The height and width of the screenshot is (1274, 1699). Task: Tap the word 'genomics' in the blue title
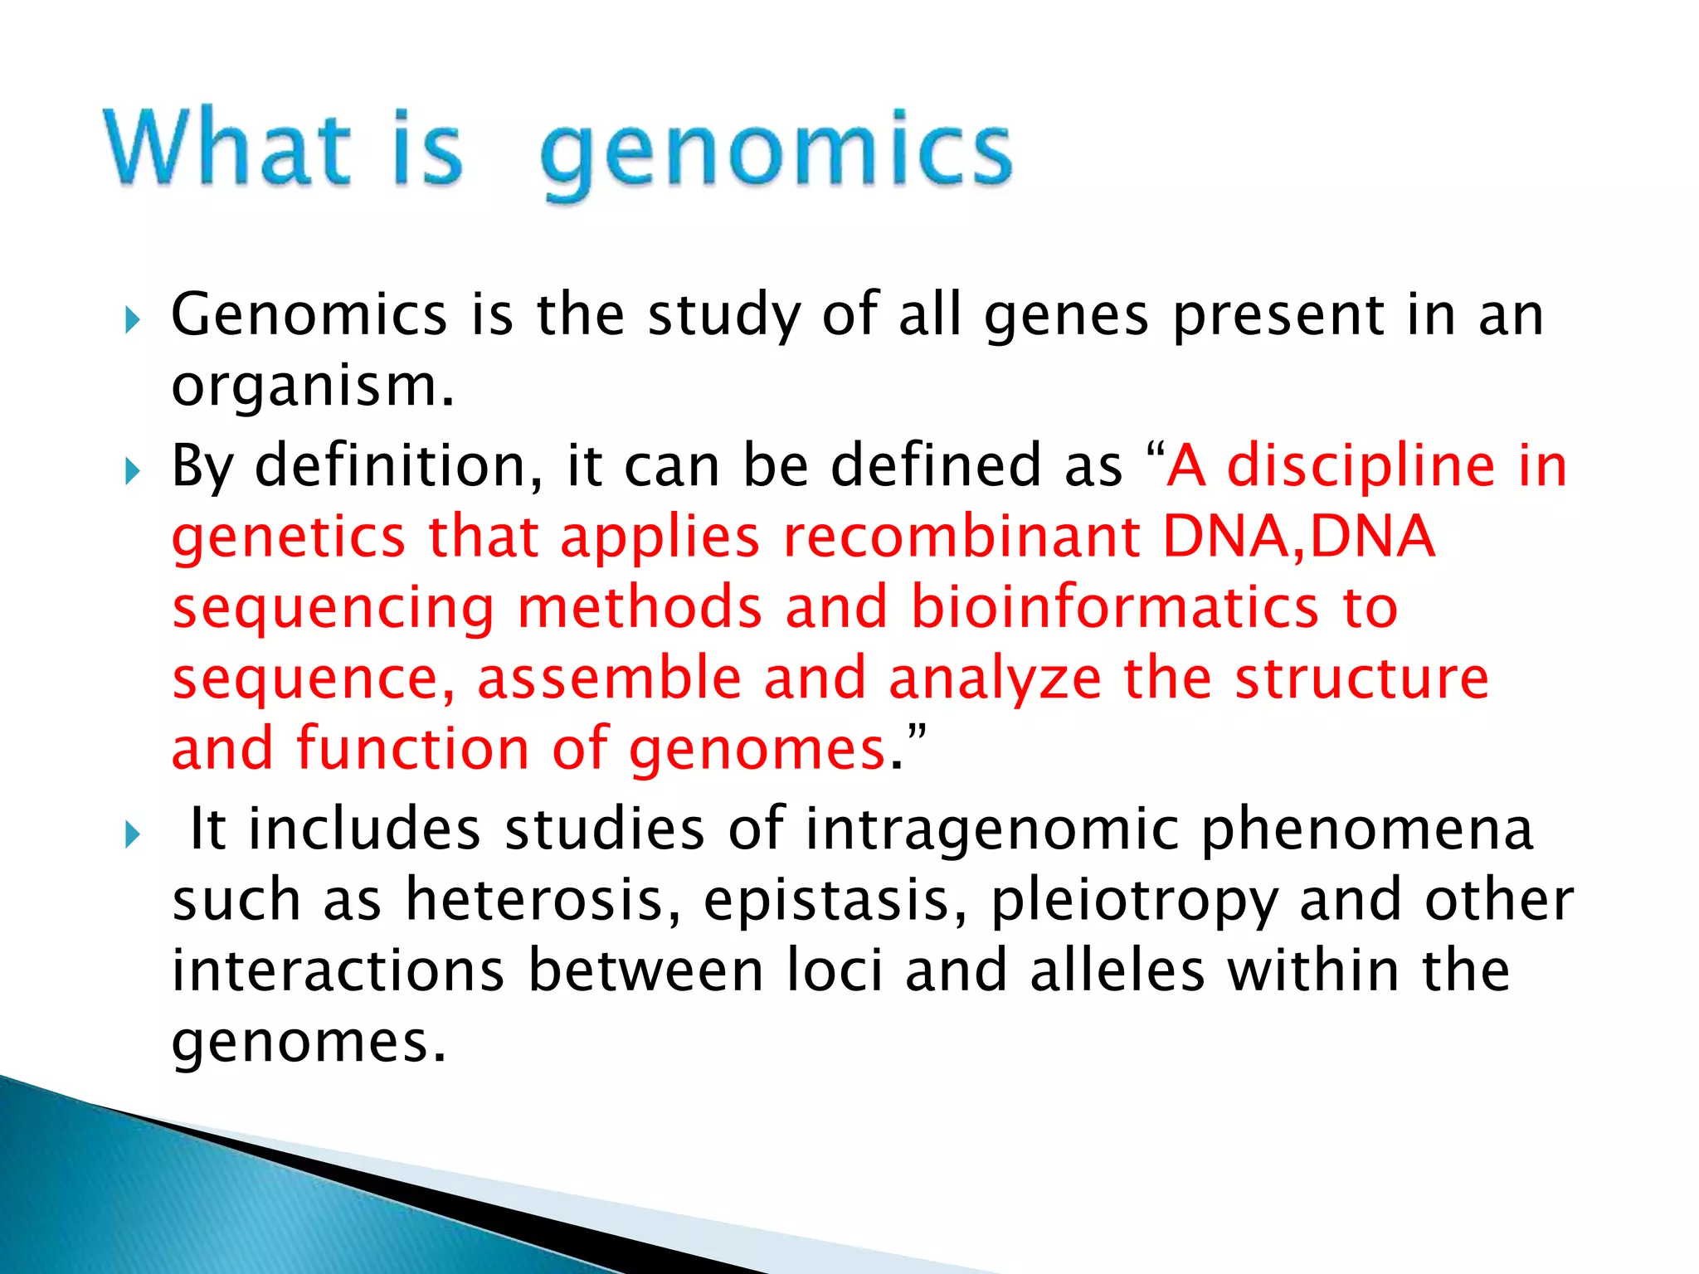tap(776, 153)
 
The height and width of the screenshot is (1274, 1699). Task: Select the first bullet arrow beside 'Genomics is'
tap(133, 319)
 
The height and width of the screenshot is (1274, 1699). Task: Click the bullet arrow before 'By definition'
tap(133, 472)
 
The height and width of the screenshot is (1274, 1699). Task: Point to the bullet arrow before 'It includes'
tap(133, 834)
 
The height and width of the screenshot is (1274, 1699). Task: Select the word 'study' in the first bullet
tap(723, 317)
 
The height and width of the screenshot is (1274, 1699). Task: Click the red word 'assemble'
tap(609, 678)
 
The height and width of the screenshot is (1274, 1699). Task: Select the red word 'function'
tap(412, 749)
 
